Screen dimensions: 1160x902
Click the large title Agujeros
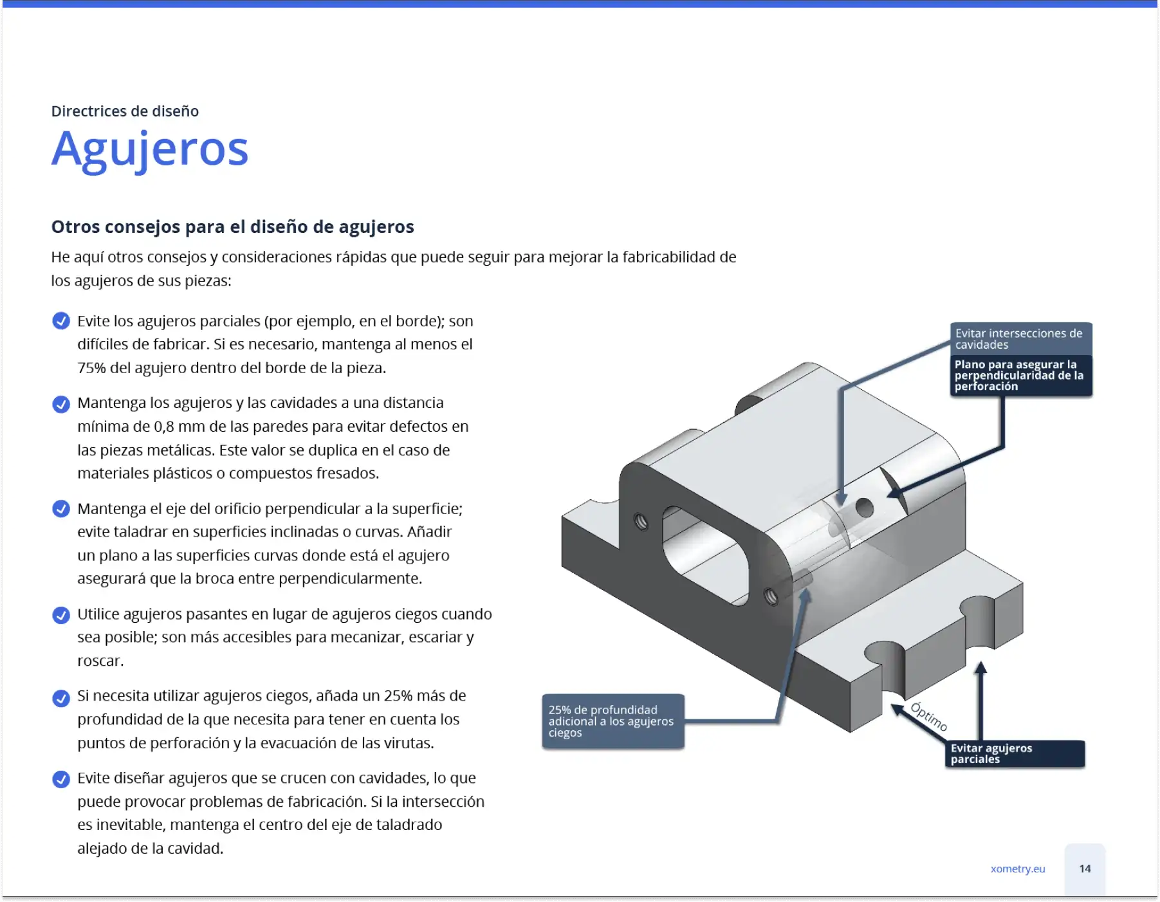tap(149, 149)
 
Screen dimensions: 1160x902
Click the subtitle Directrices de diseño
tap(125, 111)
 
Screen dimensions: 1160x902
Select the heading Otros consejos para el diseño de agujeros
tap(232, 226)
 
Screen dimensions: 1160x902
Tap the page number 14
tap(1085, 869)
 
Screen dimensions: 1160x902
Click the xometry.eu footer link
tap(1018, 869)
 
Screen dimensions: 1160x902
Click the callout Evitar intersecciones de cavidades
tap(1021, 339)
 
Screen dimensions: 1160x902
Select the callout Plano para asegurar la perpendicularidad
tap(1021, 376)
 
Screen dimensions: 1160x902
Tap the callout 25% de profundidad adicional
tap(612, 721)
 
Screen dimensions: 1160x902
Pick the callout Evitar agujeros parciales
tap(1015, 753)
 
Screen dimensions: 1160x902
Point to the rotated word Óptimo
tap(929, 717)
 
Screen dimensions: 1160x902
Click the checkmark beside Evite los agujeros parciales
tap(61, 320)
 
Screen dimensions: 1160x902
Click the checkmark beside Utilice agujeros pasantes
tap(61, 615)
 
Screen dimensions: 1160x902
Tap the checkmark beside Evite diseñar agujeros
tap(61, 779)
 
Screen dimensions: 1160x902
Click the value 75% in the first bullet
tap(91, 368)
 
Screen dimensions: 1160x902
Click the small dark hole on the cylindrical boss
tap(864, 508)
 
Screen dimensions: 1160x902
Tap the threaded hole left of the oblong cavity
tap(641, 521)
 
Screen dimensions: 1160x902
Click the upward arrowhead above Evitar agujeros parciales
tap(980, 668)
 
